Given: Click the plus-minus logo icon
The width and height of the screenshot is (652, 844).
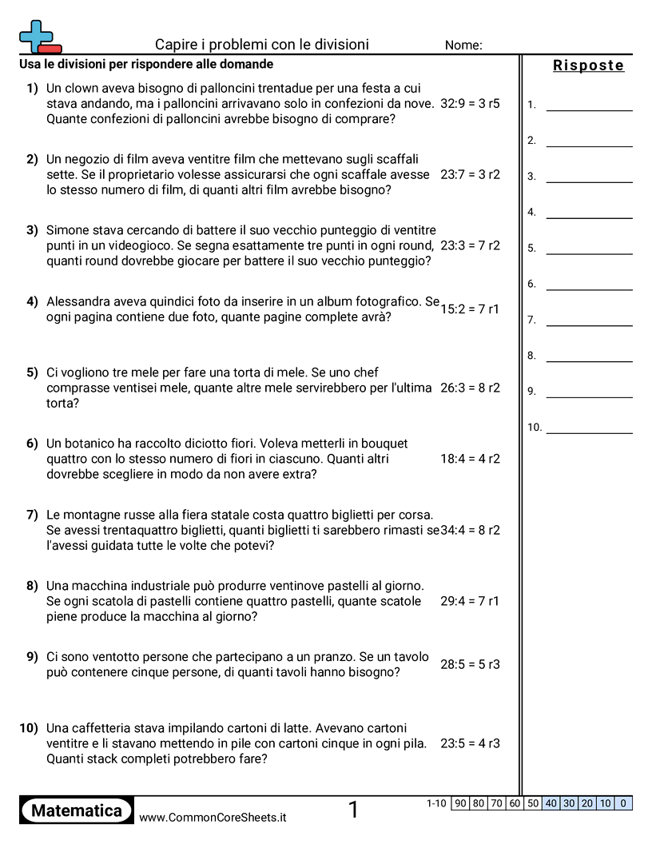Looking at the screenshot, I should (38, 36).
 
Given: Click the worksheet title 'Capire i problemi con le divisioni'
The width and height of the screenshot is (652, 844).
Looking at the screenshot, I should (262, 45).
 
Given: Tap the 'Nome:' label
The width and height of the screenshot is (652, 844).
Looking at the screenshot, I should (463, 46).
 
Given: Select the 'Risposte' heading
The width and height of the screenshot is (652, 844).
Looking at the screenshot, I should (588, 66).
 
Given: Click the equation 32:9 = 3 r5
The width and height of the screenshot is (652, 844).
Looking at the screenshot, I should (470, 104).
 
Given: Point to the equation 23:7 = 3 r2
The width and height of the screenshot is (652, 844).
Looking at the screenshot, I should (470, 174).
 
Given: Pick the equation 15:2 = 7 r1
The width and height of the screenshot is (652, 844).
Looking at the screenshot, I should (470, 309).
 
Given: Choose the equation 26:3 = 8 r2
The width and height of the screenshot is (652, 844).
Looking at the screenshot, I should (470, 388).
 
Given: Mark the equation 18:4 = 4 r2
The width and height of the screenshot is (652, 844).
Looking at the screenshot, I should (470, 459).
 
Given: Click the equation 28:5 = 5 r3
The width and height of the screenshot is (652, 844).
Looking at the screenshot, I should (470, 664).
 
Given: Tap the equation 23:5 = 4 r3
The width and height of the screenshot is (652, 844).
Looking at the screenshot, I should (470, 743).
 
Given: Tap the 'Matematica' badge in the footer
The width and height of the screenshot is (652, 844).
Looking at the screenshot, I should (77, 811).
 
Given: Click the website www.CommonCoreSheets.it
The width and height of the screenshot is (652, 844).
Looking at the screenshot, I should (213, 818).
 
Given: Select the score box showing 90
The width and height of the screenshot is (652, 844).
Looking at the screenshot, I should (460, 803).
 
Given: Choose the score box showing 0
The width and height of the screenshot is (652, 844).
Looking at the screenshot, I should (623, 803).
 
